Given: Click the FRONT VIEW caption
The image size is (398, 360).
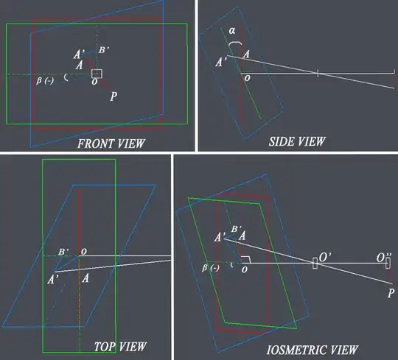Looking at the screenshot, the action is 111,144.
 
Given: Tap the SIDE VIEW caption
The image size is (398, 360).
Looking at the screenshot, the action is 297,141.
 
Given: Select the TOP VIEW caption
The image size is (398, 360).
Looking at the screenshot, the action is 120,347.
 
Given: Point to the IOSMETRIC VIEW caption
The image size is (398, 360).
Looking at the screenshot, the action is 312,350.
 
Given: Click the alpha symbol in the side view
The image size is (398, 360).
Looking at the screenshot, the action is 231,31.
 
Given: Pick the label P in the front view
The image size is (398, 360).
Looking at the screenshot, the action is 114,96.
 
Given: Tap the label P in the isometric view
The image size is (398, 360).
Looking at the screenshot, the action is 391,293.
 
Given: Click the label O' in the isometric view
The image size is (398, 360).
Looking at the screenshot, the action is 324,257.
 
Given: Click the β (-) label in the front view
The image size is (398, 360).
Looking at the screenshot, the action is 45,81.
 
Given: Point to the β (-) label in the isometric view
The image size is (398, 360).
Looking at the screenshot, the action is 210,268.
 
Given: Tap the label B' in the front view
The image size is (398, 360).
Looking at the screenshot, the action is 104,49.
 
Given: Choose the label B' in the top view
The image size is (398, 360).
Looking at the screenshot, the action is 63,252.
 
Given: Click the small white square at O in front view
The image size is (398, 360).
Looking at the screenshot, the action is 97,74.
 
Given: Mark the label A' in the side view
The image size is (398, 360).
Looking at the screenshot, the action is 221,62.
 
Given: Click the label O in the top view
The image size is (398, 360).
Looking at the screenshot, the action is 84,252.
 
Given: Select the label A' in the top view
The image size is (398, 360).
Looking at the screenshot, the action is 53,280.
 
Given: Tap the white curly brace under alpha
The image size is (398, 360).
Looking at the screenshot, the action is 235,43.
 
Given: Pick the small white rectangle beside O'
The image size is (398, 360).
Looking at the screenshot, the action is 315,263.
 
